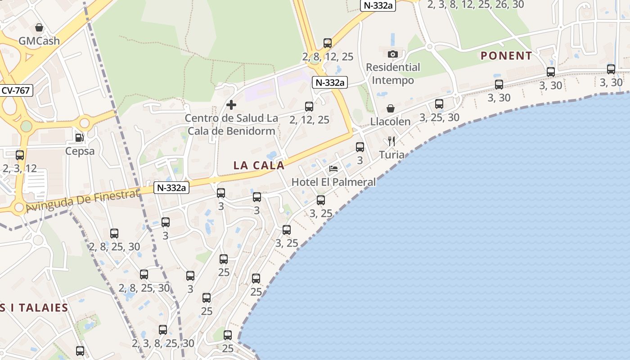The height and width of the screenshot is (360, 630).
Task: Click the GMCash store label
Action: click(x=39, y=41)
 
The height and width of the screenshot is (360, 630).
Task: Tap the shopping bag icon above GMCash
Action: click(x=39, y=27)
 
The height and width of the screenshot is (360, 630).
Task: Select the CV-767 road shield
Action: click(x=15, y=90)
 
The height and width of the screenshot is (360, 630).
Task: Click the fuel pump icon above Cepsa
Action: click(x=80, y=137)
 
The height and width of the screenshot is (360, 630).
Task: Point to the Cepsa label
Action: click(x=80, y=151)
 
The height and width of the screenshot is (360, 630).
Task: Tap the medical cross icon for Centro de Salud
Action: click(x=231, y=105)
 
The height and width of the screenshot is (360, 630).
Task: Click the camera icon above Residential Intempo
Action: click(x=393, y=54)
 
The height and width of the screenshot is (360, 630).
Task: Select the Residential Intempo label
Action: click(x=393, y=74)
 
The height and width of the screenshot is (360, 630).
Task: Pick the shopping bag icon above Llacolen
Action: click(x=391, y=108)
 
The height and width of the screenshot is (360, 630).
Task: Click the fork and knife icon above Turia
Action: click(x=391, y=141)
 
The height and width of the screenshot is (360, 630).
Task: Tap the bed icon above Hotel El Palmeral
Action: click(x=333, y=169)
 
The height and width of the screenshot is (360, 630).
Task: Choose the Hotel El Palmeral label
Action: click(x=333, y=182)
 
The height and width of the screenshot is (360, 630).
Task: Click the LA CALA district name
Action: click(x=259, y=165)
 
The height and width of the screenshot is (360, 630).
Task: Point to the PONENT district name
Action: click(x=506, y=56)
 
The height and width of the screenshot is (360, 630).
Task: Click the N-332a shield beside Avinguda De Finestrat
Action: click(x=171, y=188)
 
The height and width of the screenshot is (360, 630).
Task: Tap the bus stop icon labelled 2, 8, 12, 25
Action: click(x=328, y=43)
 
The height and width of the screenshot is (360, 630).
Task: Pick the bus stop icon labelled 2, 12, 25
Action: click(x=309, y=107)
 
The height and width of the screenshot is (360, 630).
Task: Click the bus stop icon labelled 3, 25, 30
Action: click(x=439, y=104)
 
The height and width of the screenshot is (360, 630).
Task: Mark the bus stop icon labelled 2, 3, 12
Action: click(x=20, y=155)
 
